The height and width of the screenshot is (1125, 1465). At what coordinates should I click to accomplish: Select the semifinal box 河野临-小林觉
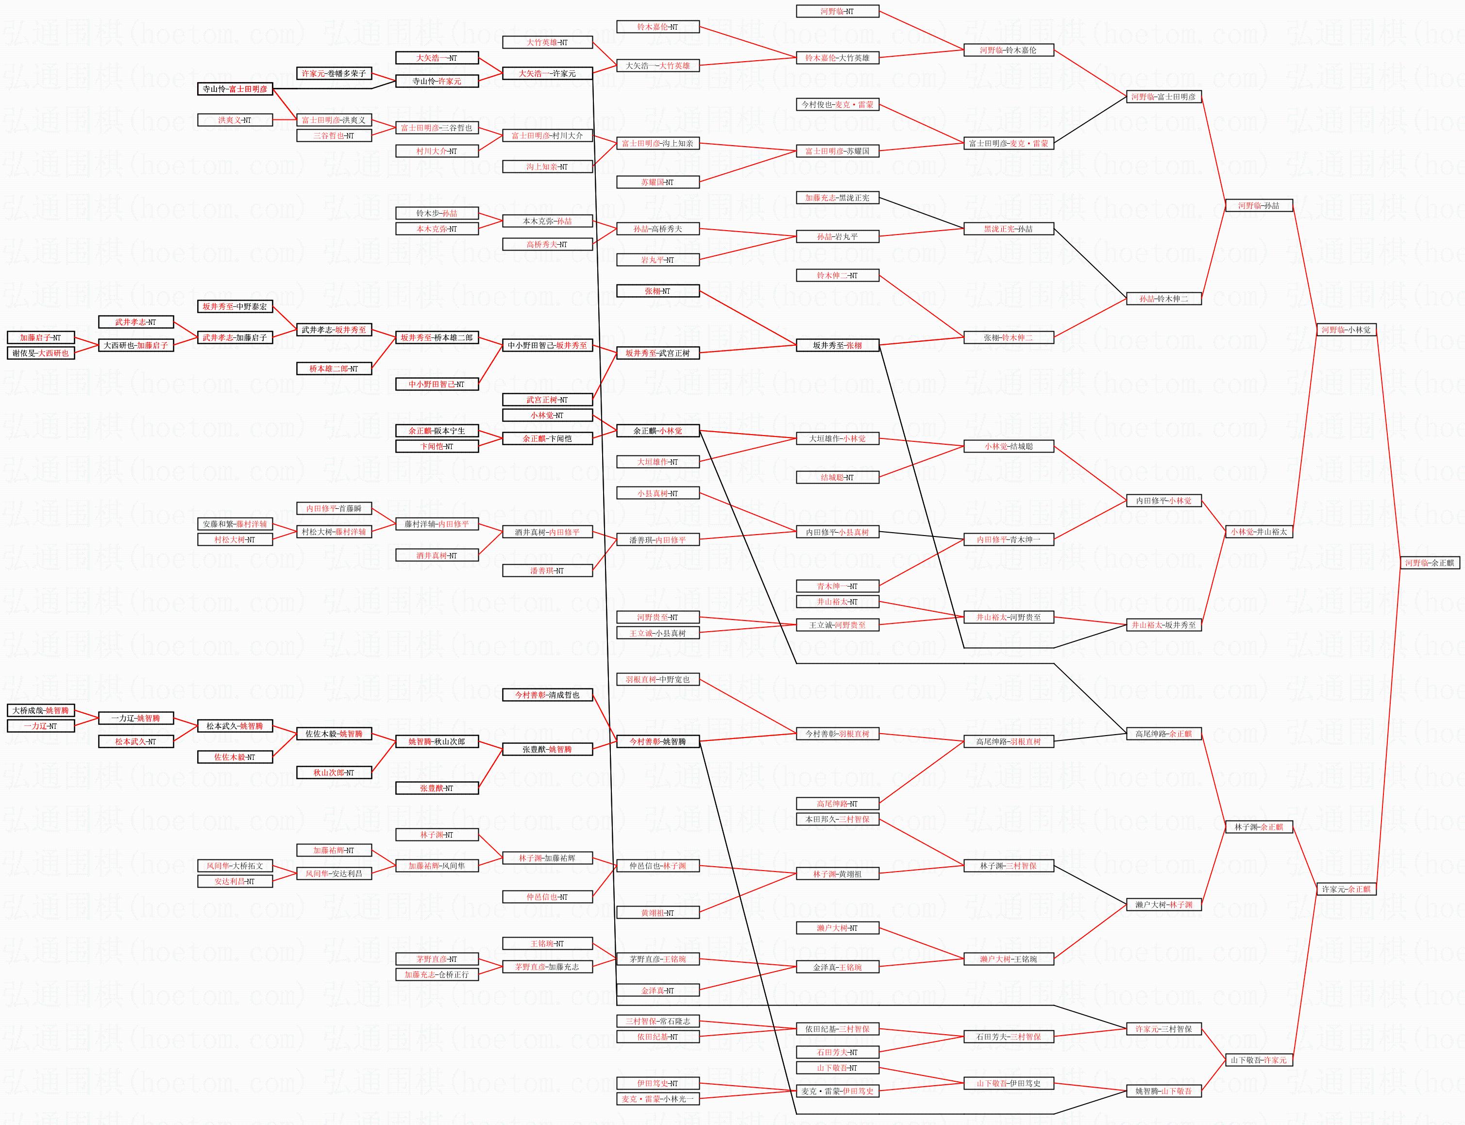click(1346, 330)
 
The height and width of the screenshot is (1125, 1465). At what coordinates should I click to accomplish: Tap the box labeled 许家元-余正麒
click(1346, 890)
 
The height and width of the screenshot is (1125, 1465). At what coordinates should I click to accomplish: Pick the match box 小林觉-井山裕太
click(1259, 532)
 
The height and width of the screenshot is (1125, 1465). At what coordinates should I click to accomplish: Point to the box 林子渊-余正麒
click(1259, 827)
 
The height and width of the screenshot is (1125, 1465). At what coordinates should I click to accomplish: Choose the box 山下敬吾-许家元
click(1259, 1060)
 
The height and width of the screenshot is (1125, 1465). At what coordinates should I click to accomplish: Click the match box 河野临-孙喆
click(1259, 205)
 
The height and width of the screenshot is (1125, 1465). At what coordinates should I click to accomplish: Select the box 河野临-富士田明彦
click(1164, 97)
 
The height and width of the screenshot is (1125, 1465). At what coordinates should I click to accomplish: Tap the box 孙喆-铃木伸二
click(1164, 299)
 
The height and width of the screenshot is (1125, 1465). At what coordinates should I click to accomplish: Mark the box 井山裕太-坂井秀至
click(1164, 625)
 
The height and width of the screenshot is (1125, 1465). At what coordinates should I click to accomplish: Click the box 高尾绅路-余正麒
click(1164, 734)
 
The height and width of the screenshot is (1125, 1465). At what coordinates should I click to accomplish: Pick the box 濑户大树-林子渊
click(1164, 905)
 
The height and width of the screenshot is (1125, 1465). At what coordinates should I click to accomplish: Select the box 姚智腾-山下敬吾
click(1164, 1091)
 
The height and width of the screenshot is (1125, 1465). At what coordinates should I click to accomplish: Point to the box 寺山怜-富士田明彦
click(235, 89)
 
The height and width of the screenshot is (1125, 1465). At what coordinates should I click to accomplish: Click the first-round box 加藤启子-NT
click(40, 337)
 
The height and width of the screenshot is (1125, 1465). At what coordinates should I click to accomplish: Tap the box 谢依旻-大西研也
click(40, 353)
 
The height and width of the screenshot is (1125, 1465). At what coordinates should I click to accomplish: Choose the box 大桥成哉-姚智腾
click(40, 710)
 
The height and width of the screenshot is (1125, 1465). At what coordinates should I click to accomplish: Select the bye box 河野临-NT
click(837, 11)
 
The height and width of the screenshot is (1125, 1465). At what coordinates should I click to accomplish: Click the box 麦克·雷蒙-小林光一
click(657, 1099)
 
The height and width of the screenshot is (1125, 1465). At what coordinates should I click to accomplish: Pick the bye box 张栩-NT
click(657, 291)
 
